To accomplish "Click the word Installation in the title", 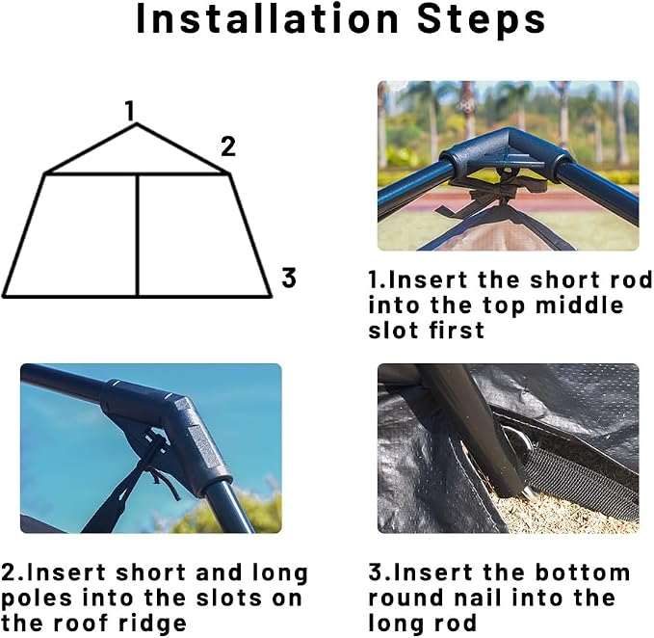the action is point(268,18).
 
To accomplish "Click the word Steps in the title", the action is point(482,19).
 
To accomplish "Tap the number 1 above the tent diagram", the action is point(130,111).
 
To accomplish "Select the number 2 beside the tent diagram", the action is point(228,146).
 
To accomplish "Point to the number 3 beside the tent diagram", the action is point(289,278).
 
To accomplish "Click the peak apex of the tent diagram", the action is point(137,123).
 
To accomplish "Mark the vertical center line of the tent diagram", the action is point(137,235).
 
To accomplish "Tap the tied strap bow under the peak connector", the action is point(501,193).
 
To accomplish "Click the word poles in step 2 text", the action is point(37,598).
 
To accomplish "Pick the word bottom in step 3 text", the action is point(583,572).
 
